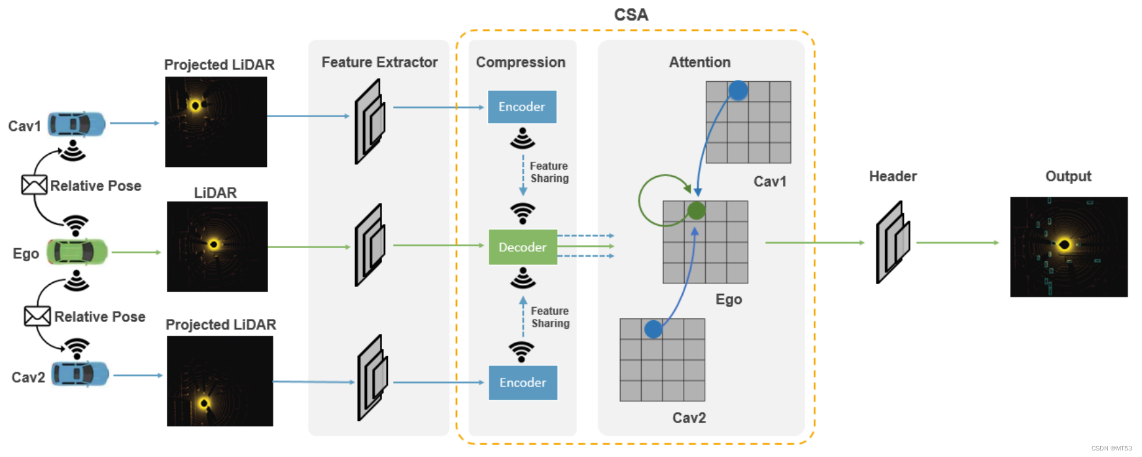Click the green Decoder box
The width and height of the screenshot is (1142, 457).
[x=523, y=247]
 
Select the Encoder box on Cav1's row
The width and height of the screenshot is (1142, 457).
[x=522, y=107]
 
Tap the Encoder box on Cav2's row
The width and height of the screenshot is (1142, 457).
[x=523, y=382]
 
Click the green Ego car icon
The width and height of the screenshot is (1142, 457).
[x=77, y=252]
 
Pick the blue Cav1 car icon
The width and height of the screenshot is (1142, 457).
[x=77, y=124]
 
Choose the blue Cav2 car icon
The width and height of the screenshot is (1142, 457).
[x=80, y=375]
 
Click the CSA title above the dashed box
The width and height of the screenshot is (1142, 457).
[x=631, y=14]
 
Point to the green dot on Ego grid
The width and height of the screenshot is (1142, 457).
[x=697, y=211]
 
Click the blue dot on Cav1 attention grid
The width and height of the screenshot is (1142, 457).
[x=738, y=90]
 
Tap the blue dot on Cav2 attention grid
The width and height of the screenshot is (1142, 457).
[x=653, y=329]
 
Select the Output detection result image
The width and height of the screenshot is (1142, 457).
[x=1068, y=247]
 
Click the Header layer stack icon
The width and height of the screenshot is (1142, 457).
[x=892, y=242]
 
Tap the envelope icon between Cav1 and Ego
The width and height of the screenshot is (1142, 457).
[x=34, y=185]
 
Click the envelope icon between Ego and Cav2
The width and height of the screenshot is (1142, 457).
[x=37, y=316]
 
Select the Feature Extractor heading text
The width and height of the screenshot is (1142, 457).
[x=379, y=62]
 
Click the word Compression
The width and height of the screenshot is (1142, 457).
[x=521, y=62]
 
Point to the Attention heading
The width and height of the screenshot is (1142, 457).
[x=699, y=62]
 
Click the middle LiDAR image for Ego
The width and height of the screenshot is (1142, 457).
[x=217, y=246]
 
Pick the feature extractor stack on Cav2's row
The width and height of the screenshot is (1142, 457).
[x=372, y=378]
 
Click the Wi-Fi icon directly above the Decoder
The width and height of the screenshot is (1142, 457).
[x=523, y=213]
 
